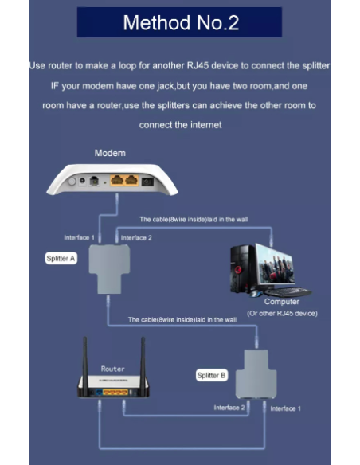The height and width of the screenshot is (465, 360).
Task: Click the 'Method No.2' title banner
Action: (179, 22)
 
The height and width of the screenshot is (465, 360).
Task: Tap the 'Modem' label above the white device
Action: (110, 153)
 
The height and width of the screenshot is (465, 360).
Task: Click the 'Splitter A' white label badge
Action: (61, 258)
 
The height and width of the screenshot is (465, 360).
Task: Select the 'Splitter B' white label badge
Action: (212, 376)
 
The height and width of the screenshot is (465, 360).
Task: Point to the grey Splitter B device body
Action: (256, 374)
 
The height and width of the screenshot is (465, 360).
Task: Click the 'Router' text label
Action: (112, 369)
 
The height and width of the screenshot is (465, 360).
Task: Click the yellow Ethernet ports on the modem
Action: (124, 180)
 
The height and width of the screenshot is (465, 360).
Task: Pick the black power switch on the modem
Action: (147, 182)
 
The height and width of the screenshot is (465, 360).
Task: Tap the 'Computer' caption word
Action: (282, 302)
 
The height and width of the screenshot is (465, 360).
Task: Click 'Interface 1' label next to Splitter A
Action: (79, 237)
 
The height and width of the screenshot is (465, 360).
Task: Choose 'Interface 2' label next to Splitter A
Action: (136, 238)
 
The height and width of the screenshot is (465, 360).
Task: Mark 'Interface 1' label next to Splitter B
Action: (286, 408)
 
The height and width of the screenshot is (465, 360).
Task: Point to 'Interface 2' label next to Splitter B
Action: (229, 408)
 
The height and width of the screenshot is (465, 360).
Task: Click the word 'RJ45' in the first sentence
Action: (197, 65)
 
